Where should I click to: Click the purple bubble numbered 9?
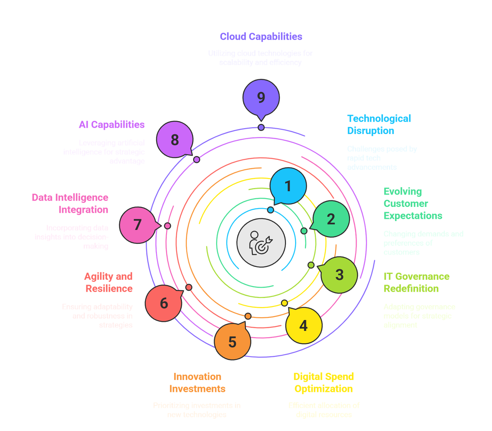(x=261, y=97)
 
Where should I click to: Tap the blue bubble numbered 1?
(x=288, y=186)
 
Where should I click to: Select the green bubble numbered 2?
(x=331, y=219)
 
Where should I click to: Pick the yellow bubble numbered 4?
(x=304, y=326)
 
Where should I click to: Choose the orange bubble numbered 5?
(x=232, y=342)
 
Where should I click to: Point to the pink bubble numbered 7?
(x=137, y=225)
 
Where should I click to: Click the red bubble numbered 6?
(x=164, y=303)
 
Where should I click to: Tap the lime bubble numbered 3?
(x=339, y=275)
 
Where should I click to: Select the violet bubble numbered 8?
(x=175, y=140)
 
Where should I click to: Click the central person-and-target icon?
(x=261, y=243)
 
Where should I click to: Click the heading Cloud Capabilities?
(x=261, y=37)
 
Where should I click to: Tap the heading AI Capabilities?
(x=112, y=125)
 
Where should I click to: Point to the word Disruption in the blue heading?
(x=371, y=131)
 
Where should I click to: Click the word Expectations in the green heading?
(x=413, y=216)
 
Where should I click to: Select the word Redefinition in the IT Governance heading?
(x=411, y=289)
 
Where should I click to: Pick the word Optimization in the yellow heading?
(x=323, y=389)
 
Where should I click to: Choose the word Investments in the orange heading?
(x=197, y=389)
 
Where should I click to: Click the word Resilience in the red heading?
(x=109, y=289)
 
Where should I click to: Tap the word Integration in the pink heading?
(x=83, y=210)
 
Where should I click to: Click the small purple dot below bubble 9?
(x=261, y=127)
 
